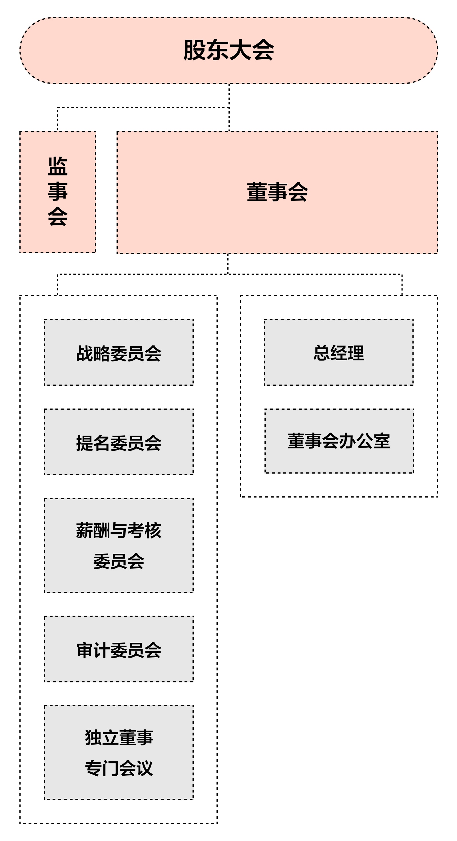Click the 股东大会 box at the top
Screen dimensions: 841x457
point(228,50)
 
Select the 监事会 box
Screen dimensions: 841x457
point(57,192)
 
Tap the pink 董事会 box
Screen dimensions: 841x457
point(277,192)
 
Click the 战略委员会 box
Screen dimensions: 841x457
point(119,352)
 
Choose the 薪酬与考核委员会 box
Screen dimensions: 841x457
point(119,545)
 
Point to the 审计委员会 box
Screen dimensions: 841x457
point(119,649)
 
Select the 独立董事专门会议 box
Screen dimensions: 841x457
point(119,753)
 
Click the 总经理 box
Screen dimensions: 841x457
point(339,352)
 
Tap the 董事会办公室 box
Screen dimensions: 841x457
point(339,441)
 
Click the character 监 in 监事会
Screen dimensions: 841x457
point(57,167)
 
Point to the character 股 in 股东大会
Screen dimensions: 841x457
point(195,50)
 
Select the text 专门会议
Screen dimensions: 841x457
point(119,768)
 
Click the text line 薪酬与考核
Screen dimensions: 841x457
point(119,530)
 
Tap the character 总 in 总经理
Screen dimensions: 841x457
point(321,353)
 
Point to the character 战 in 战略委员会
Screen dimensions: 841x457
point(85,353)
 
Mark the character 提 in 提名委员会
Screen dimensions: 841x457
point(85,443)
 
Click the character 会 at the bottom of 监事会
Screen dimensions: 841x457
point(57,217)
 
